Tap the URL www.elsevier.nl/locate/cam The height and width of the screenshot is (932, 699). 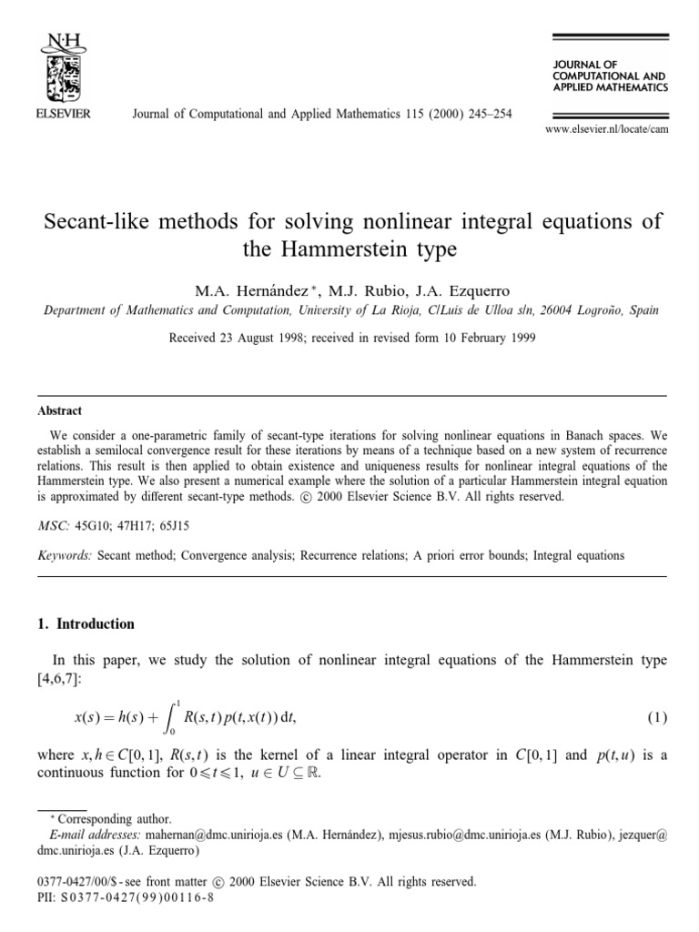point(607,131)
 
